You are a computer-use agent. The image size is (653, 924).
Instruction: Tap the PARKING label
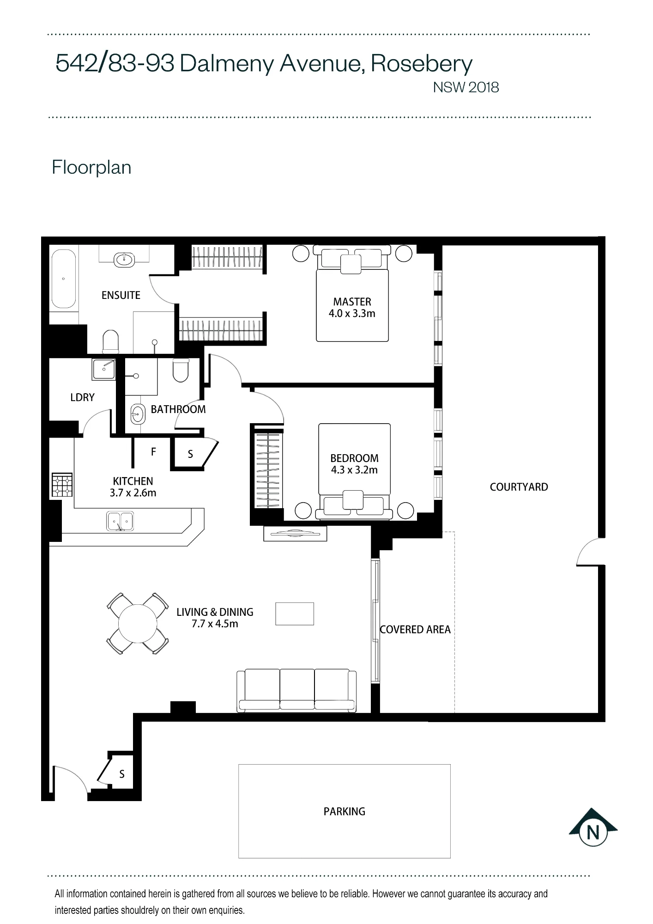(x=344, y=811)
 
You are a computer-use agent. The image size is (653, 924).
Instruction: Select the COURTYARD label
(x=519, y=486)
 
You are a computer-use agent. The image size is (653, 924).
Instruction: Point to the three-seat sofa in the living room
(x=296, y=690)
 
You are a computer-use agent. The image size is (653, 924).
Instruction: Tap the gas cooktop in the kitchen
(x=62, y=485)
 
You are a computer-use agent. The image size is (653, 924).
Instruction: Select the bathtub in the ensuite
(x=63, y=279)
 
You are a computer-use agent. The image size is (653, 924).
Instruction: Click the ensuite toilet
(x=110, y=341)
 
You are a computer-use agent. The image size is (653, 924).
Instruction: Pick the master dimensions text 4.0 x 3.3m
(x=352, y=313)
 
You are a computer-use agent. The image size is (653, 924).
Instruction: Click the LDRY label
(x=82, y=397)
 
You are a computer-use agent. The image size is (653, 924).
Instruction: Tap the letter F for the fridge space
(x=154, y=451)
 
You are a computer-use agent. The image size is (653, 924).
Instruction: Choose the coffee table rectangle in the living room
(x=295, y=614)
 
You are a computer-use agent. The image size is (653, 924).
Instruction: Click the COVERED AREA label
(x=415, y=629)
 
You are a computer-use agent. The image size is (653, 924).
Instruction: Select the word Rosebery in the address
(x=422, y=64)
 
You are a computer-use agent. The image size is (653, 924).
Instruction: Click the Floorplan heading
(x=91, y=167)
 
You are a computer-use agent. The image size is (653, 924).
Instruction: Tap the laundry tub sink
(x=104, y=369)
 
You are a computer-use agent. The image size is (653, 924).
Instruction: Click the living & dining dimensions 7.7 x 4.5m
(x=215, y=624)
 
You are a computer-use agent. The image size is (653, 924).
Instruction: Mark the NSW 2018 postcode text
(x=466, y=87)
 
